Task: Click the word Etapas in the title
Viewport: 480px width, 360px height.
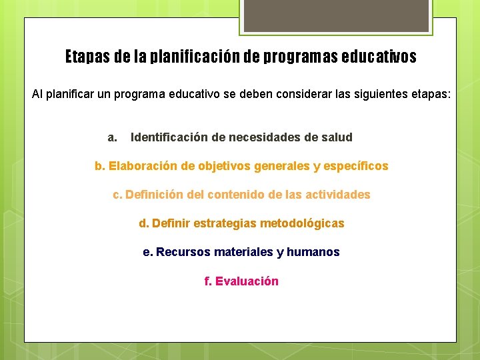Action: pyautogui.click(x=87, y=57)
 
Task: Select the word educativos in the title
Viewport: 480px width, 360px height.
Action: pyautogui.click(x=379, y=57)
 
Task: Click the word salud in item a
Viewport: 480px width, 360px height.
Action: pyautogui.click(x=337, y=137)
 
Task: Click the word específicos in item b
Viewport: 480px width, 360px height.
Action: pyautogui.click(x=356, y=166)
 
